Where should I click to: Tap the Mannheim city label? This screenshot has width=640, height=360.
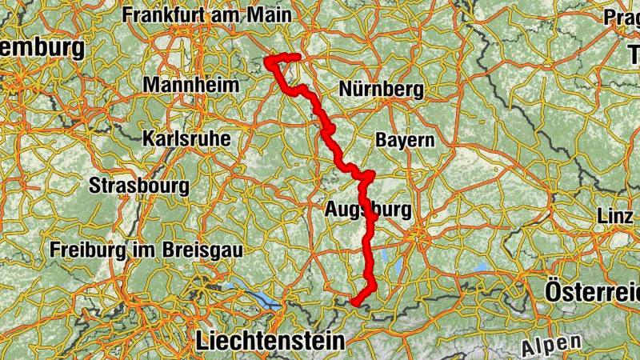pyautogui.click(x=191, y=85)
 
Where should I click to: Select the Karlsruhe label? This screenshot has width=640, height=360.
pyautogui.click(x=186, y=138)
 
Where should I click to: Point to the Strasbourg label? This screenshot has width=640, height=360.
pyautogui.click(x=140, y=186)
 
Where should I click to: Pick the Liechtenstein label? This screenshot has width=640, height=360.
pyautogui.click(x=270, y=342)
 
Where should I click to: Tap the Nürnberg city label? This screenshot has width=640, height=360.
pyautogui.click(x=382, y=90)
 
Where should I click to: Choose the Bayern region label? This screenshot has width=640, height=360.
pyautogui.click(x=405, y=140)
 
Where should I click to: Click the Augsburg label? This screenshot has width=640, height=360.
pyautogui.click(x=369, y=211)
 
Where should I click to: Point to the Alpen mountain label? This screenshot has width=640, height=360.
pyautogui.click(x=551, y=346)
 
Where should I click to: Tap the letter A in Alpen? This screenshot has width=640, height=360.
pyautogui.click(x=529, y=350)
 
